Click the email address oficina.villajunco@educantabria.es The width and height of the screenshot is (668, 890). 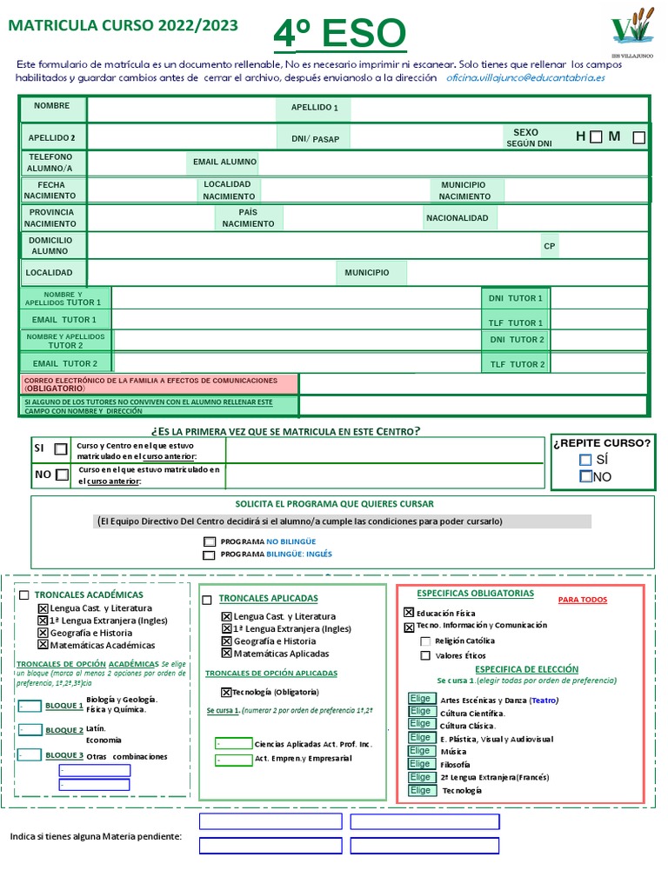click(x=525, y=77)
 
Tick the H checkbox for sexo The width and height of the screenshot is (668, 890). click(x=595, y=136)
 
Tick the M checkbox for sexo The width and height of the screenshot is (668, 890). click(x=639, y=137)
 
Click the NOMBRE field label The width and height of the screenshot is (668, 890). click(x=51, y=106)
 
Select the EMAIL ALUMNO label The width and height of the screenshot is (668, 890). click(x=224, y=163)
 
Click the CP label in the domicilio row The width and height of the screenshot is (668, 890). click(x=549, y=247)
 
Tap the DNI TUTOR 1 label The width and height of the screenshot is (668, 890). click(x=515, y=299)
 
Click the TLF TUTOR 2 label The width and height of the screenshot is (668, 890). click(x=517, y=365)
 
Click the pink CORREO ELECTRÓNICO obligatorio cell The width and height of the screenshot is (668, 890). click(x=158, y=384)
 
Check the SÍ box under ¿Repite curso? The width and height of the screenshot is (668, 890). click(x=585, y=460)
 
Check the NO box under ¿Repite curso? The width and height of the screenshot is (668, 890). click(x=585, y=476)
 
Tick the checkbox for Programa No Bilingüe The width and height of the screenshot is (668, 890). click(x=209, y=541)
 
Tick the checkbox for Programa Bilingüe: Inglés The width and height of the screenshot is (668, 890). click(x=209, y=555)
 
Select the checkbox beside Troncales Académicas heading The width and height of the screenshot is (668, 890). click(x=24, y=595)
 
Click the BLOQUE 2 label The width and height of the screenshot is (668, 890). click(x=64, y=731)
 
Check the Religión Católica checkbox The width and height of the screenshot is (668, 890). click(x=425, y=641)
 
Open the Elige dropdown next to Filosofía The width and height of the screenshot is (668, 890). click(x=422, y=764)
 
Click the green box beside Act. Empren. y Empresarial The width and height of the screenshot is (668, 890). click(x=233, y=760)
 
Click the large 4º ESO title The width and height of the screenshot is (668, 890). click(x=339, y=35)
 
